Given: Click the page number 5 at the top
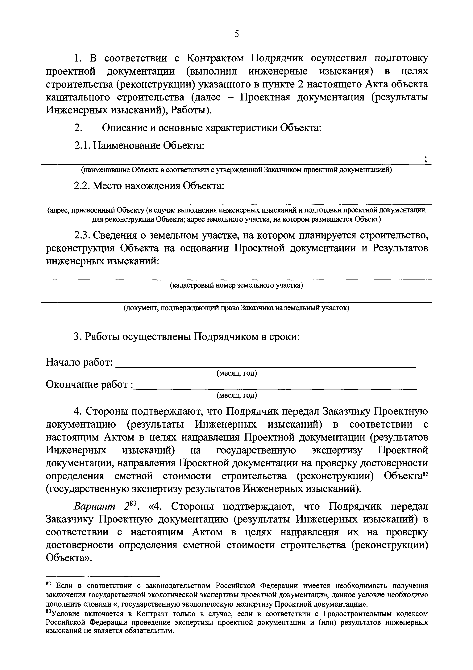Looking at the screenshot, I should coord(237,34).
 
